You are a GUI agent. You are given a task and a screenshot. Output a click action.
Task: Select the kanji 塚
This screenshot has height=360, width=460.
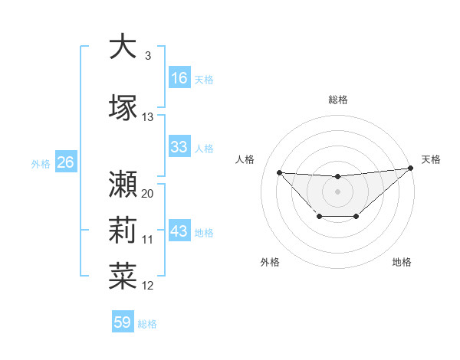123,107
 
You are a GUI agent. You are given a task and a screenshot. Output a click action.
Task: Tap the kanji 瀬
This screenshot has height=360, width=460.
123,184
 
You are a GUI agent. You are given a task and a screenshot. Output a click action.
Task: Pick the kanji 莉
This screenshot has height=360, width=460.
123,231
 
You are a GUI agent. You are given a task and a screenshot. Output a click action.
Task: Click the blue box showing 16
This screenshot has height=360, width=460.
179,78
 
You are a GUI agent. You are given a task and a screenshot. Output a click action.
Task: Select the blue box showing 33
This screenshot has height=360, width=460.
179,147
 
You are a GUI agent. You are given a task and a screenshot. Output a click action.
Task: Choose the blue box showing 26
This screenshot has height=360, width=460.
65,162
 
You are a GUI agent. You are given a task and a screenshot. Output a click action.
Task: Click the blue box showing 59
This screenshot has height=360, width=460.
123,322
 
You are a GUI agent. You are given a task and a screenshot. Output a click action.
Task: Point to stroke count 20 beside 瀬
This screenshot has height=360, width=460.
148,194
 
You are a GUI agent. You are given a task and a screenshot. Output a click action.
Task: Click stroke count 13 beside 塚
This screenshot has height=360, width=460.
148,117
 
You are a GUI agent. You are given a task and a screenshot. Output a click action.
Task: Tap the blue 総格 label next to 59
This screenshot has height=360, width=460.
147,324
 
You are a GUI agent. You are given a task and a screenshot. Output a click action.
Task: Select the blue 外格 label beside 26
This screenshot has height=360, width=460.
41,163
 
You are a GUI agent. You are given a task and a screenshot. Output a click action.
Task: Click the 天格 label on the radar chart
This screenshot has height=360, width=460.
432,159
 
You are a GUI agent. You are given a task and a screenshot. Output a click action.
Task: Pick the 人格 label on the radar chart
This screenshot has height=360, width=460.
245,159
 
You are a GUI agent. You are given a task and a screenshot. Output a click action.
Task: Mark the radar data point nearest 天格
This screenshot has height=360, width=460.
412,168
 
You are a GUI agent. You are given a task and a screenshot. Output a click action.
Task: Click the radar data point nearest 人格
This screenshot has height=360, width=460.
279,172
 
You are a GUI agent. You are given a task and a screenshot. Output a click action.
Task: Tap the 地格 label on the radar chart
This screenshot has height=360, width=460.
402,262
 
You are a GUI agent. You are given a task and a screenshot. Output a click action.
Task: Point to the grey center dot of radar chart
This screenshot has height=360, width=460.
337,191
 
